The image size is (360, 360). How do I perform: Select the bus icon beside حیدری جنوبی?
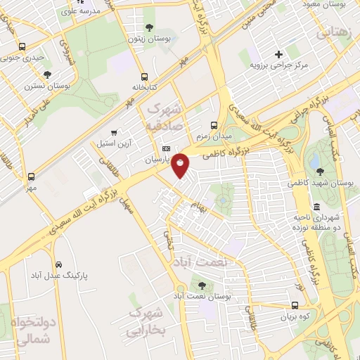click(x=23, y=47)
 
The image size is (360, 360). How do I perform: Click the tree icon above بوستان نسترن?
click(x=47, y=74)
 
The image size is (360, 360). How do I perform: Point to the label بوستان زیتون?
click(x=146, y=38)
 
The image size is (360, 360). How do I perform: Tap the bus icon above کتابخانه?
click(x=144, y=77)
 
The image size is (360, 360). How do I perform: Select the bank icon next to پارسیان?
click(x=166, y=149)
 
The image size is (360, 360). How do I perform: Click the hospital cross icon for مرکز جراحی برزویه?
click(x=278, y=54)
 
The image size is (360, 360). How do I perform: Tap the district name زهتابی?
click(x=334, y=33)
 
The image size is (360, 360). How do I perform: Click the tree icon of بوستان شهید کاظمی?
click(x=320, y=171)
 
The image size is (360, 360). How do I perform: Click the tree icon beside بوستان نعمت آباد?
click(x=202, y=285)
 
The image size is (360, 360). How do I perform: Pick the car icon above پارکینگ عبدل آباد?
click(x=58, y=265)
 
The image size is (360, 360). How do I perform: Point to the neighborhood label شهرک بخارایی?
click(x=146, y=321)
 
